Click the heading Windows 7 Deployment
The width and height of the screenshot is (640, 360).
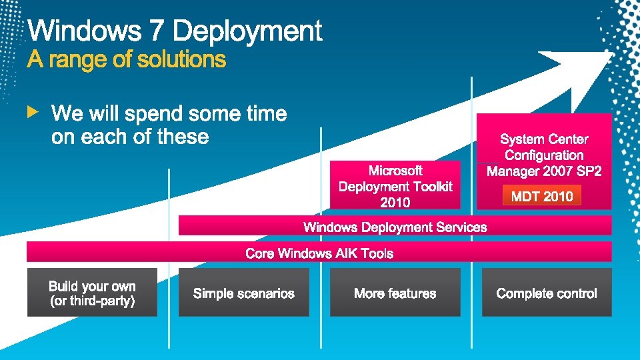[175, 31]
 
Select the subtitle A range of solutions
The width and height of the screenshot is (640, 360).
[127, 60]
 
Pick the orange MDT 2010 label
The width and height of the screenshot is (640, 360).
[542, 196]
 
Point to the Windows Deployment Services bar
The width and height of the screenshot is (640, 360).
[395, 227]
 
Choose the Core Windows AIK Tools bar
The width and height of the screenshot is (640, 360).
[319, 253]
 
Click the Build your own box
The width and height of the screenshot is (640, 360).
[92, 293]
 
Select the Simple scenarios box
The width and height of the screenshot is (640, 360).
[244, 293]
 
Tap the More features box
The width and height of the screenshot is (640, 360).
[395, 293]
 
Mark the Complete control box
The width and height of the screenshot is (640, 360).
[547, 293]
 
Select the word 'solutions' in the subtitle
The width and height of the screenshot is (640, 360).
[181, 60]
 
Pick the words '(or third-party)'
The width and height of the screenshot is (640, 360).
[92, 301]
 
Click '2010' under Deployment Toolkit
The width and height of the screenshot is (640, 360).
[395, 202]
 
